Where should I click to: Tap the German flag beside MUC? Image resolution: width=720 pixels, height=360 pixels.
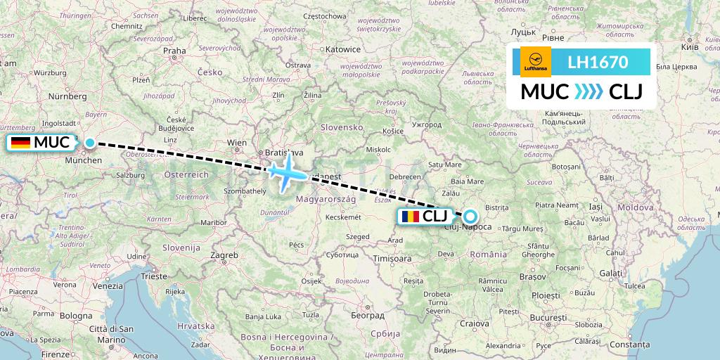pyautogui.click(x=21, y=143)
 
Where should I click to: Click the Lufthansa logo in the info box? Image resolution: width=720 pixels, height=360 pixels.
pyautogui.click(x=536, y=61)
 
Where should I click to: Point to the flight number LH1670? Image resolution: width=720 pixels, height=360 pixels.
pyautogui.click(x=597, y=62)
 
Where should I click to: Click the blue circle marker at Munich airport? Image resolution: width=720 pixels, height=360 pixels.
pyautogui.click(x=90, y=143)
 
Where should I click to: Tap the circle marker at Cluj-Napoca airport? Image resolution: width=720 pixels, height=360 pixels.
pyautogui.click(x=469, y=217)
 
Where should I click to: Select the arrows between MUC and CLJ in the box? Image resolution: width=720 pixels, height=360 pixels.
pyautogui.click(x=588, y=92)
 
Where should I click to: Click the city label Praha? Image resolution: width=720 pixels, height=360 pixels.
pyautogui.click(x=174, y=51)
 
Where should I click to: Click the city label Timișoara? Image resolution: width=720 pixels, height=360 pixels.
pyautogui.click(x=392, y=258)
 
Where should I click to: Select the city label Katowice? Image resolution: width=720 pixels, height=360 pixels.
pyautogui.click(x=342, y=50)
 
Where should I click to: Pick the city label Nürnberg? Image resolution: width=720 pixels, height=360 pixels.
pyautogui.click(x=67, y=96)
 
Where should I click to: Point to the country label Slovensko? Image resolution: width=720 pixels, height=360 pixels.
pyautogui.click(x=341, y=127)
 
